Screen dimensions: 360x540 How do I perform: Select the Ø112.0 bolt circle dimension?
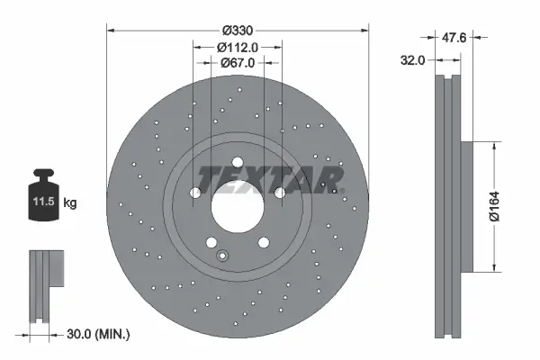point(238,47)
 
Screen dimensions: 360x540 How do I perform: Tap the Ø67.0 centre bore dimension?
point(238,62)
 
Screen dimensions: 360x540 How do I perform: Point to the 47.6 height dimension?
point(454,39)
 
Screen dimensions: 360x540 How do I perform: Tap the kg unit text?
point(69,203)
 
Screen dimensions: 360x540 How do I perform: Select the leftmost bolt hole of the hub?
point(195,193)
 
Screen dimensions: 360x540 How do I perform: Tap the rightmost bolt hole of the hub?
point(280,193)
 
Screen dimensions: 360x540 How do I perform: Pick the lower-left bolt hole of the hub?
point(211,242)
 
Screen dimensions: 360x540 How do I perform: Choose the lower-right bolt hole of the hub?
point(264,242)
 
